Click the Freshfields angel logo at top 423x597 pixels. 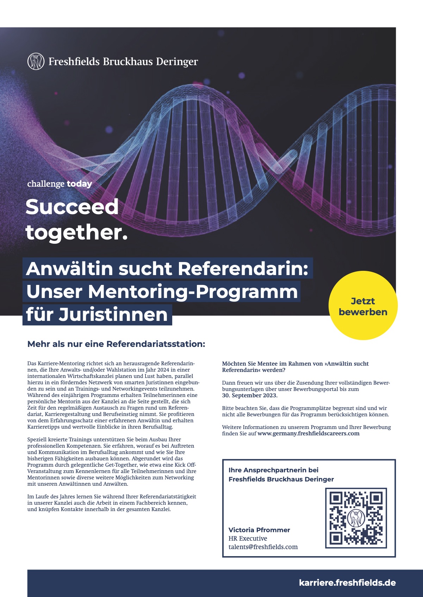coord(36,62)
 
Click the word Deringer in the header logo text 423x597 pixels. coord(177,62)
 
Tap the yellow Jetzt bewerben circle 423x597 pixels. coord(363,305)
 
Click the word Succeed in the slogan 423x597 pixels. coord(72,207)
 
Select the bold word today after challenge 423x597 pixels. coord(79,184)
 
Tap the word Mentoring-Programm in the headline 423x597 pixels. coord(193,292)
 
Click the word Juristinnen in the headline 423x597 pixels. coord(113,315)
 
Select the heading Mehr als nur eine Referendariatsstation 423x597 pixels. coord(116,344)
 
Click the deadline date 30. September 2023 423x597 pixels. coord(250,396)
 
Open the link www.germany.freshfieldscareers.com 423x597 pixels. coord(308,434)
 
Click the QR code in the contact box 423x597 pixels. coord(356,518)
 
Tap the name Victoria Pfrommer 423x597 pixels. coord(259,530)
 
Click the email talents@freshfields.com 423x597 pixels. coord(263,547)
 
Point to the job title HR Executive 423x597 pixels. coord(248,539)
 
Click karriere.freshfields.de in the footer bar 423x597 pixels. coord(347,583)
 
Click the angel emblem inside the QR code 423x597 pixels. coord(356,518)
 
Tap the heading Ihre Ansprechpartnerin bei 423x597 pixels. coord(273,470)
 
